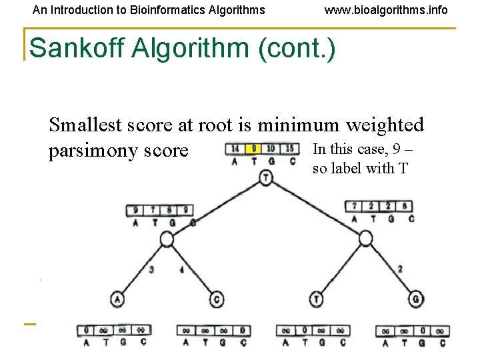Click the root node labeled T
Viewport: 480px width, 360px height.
pyautogui.click(x=266, y=178)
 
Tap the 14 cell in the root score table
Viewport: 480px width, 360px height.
pyautogui.click(x=235, y=148)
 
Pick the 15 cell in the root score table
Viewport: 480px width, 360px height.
pyautogui.click(x=289, y=148)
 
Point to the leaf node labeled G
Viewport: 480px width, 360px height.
pyautogui.click(x=415, y=298)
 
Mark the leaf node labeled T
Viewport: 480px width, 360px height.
pyautogui.click(x=317, y=298)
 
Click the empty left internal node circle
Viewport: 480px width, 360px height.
pyautogui.click(x=167, y=239)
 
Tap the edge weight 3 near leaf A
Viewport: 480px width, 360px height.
pyautogui.click(x=152, y=270)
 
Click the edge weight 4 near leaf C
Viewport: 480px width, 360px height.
pyautogui.click(x=181, y=270)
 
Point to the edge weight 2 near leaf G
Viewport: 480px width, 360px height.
pyautogui.click(x=399, y=269)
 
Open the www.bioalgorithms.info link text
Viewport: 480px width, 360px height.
pyautogui.click(x=386, y=10)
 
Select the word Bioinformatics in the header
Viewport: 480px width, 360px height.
pyautogui.click(x=159, y=10)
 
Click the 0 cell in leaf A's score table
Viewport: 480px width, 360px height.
pyautogui.click(x=87, y=330)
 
